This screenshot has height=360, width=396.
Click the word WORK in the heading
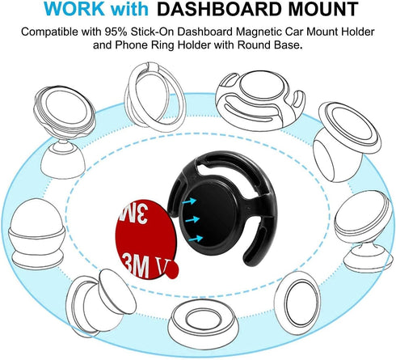click(74, 9)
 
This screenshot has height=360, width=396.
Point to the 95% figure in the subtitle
click(116, 32)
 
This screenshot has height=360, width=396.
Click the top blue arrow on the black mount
click(189, 201)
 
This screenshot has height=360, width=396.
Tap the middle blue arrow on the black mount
click(192, 219)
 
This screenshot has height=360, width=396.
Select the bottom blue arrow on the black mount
click(196, 239)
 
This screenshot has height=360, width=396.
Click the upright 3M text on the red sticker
click(137, 267)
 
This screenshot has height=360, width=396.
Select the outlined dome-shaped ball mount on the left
click(37, 234)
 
